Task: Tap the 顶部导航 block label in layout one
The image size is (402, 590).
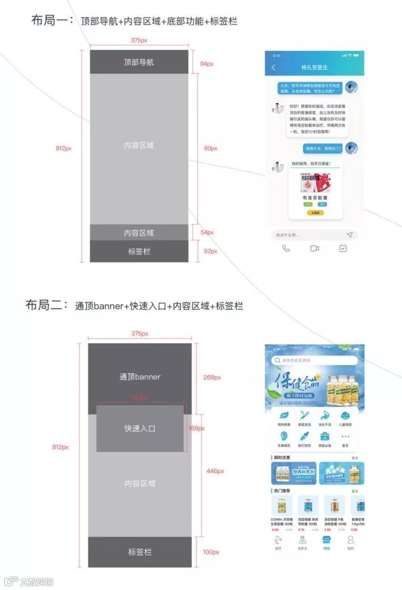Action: click(x=139, y=63)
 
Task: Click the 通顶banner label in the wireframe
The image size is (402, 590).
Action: click(x=140, y=377)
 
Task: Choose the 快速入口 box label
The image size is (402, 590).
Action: click(x=140, y=429)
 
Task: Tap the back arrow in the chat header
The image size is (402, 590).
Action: click(x=274, y=68)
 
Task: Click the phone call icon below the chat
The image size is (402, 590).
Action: click(x=286, y=248)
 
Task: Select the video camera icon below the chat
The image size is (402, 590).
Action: click(x=314, y=248)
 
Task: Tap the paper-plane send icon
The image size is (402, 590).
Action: click(x=350, y=235)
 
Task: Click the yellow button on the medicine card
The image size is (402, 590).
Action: click(x=315, y=213)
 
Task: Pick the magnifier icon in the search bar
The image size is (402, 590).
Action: click(x=277, y=361)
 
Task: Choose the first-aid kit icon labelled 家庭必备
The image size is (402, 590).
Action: click(x=324, y=436)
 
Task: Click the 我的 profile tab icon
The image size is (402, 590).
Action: click(x=351, y=540)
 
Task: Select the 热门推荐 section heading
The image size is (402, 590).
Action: click(x=283, y=491)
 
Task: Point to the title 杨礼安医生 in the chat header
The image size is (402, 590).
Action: click(x=315, y=68)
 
